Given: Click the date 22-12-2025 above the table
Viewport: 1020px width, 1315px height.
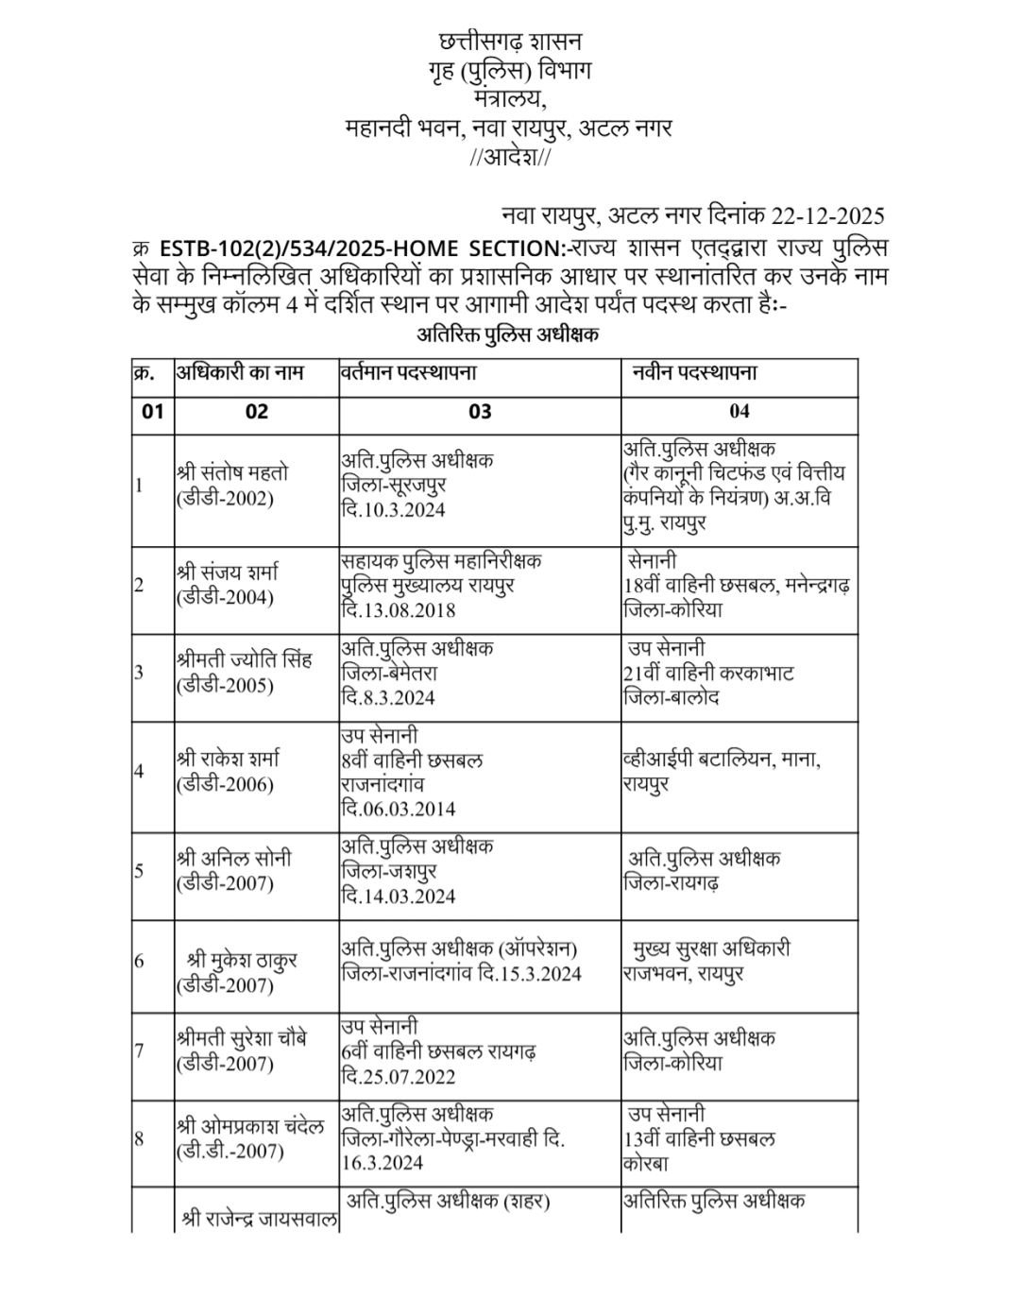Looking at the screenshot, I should tap(827, 215).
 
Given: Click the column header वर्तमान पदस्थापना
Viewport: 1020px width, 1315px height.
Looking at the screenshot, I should tap(409, 372).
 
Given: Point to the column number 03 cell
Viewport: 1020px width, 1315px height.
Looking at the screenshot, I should tap(480, 411).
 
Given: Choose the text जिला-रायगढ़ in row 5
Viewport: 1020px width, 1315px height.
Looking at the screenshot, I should tap(671, 883).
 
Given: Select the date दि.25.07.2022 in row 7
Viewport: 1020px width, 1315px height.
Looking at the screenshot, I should tap(399, 1077).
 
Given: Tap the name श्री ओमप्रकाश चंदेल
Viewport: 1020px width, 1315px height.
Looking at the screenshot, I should tap(250, 1127).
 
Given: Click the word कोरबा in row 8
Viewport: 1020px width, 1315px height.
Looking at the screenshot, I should tap(646, 1165).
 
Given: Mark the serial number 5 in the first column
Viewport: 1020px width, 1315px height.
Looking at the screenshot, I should tap(139, 870).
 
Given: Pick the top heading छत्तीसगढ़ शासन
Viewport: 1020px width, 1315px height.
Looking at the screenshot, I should tap(511, 42).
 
